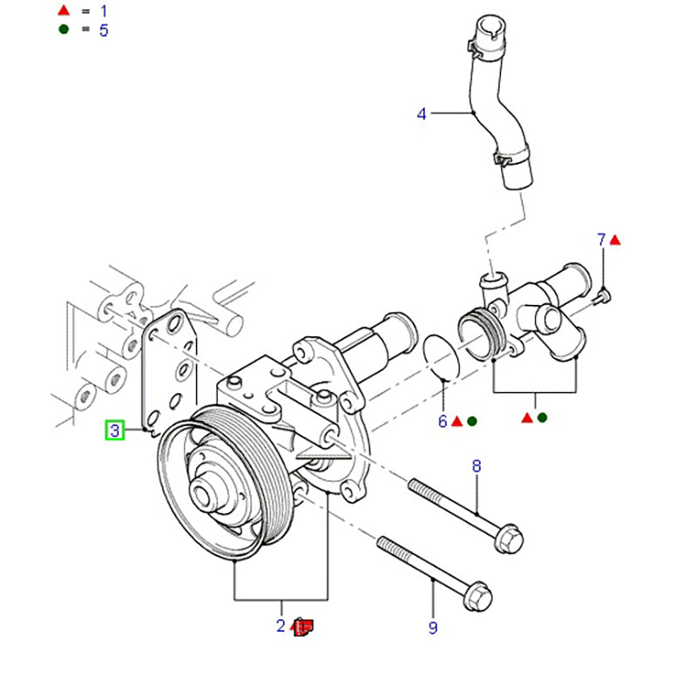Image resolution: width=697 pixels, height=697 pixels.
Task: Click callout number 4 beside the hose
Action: click(422, 113)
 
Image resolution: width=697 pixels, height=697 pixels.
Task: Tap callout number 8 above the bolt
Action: click(477, 467)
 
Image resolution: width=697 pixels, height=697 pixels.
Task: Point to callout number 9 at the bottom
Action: click(433, 626)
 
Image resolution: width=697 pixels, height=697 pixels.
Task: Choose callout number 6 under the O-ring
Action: click(443, 421)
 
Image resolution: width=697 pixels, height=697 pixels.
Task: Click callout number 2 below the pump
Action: click(281, 625)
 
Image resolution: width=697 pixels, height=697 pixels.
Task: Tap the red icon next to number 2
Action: click(303, 626)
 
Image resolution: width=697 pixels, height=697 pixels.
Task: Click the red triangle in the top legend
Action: click(62, 11)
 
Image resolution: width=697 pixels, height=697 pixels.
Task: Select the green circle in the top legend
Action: click(62, 30)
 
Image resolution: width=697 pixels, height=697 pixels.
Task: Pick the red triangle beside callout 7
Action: click(615, 239)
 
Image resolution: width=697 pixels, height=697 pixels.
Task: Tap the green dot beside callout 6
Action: click(472, 421)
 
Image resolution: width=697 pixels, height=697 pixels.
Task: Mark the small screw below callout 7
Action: click(601, 298)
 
